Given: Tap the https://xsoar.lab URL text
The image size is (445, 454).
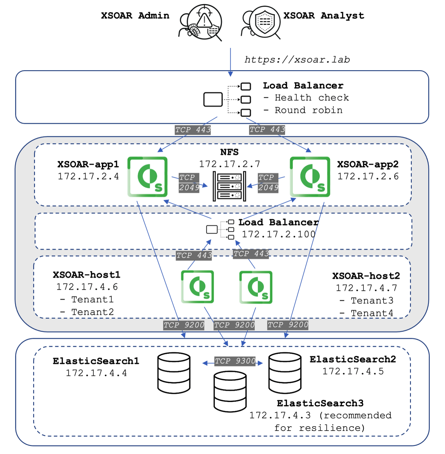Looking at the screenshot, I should (x=297, y=60).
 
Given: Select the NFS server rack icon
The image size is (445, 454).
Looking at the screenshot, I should (x=229, y=186).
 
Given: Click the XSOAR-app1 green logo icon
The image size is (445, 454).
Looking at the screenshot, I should (x=147, y=177).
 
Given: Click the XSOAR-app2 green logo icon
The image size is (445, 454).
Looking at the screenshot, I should (x=310, y=177).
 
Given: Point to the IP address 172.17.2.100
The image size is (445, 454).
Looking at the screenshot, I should (x=279, y=234).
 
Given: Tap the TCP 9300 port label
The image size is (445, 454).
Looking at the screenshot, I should (x=235, y=361).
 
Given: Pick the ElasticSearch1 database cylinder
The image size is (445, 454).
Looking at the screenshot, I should (x=174, y=373).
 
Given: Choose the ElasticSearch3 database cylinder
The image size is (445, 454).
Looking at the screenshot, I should (x=230, y=392).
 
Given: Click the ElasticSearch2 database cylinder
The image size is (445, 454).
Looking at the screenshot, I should (x=285, y=373).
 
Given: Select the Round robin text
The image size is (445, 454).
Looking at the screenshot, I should (x=308, y=110).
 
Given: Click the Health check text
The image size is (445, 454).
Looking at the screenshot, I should (x=311, y=98).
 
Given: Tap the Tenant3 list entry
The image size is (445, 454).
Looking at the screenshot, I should (x=372, y=301).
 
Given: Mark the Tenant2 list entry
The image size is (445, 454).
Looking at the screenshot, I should (x=92, y=312).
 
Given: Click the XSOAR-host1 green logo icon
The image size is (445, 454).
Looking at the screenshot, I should (x=197, y=287).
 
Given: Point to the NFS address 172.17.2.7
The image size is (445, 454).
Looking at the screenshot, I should (x=229, y=164).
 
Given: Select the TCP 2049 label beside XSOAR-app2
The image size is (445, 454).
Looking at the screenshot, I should (x=268, y=183).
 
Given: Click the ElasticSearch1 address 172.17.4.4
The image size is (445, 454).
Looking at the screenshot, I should (x=96, y=373).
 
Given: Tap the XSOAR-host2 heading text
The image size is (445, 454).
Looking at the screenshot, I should (x=366, y=276).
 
